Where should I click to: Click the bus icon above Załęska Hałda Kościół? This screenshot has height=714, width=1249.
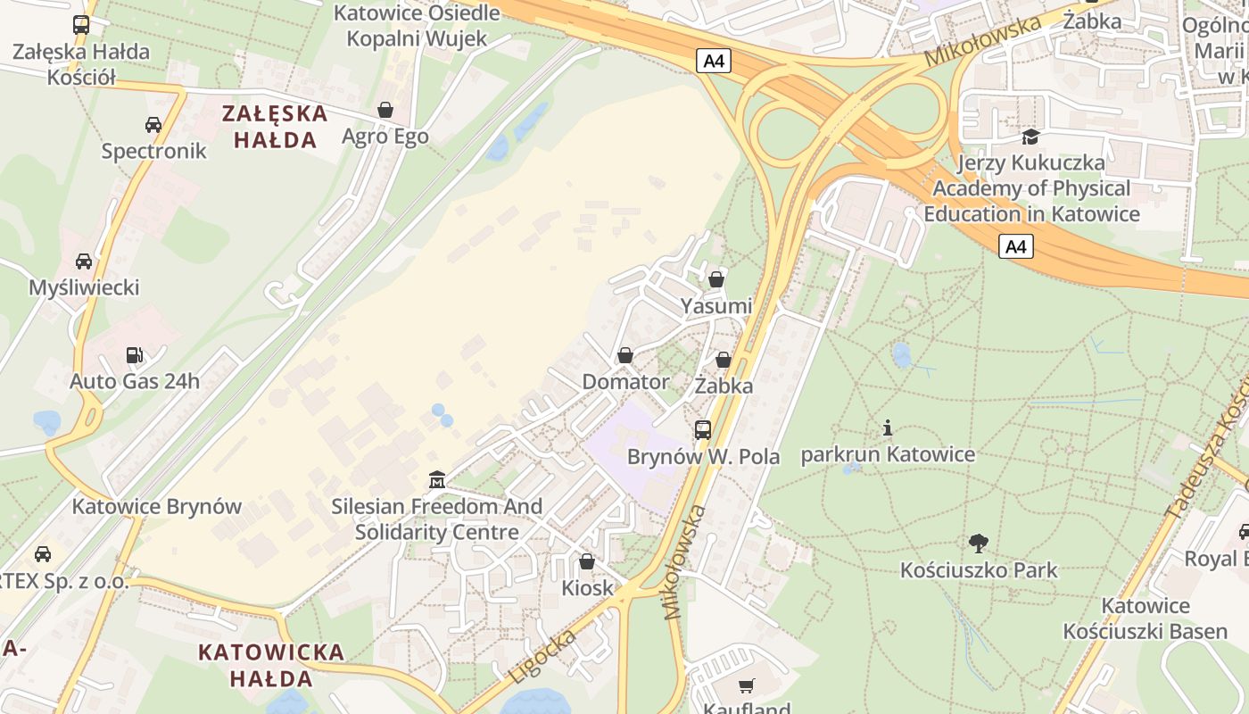[81, 25]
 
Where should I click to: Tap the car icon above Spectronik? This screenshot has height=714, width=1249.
[153, 125]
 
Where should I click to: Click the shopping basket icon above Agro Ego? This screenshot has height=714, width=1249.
[385, 110]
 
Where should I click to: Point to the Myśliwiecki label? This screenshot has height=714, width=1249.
[84, 287]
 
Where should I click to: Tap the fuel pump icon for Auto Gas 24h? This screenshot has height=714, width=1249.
[134, 355]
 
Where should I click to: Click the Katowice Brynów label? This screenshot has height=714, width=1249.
[157, 506]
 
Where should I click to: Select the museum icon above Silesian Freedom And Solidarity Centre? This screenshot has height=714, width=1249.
[436, 480]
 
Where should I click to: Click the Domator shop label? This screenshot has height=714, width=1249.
[625, 382]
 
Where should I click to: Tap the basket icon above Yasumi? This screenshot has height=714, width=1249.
[715, 279]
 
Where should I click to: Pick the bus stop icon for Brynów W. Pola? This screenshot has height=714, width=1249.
[703, 430]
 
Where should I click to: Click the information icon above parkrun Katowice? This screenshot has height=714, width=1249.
[887, 428]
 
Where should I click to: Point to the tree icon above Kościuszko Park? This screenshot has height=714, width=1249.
[979, 543]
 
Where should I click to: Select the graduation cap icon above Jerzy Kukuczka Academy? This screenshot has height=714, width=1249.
[1030, 137]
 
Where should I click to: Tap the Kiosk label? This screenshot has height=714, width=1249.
[588, 587]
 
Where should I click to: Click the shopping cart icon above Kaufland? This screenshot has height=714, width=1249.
[747, 685]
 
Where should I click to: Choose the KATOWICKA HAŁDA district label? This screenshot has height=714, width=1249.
[271, 665]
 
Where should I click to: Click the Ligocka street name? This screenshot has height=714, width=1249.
[542, 655]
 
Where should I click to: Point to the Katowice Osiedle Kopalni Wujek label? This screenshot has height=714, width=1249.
[417, 26]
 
